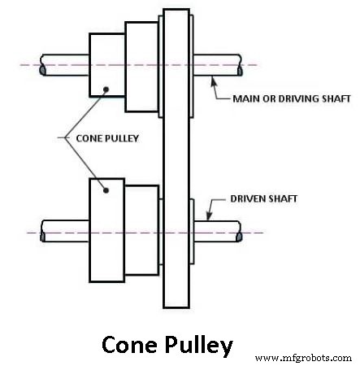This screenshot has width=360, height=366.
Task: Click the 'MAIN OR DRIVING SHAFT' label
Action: pos(292,98)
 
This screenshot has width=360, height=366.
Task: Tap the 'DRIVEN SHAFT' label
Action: pos(263,198)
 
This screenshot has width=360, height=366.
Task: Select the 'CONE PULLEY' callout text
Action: pos(107,138)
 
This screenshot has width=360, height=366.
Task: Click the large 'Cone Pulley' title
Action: pos(167,345)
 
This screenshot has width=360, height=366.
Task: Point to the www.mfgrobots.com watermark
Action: pos(303,358)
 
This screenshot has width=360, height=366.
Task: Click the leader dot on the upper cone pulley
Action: pos(106,89)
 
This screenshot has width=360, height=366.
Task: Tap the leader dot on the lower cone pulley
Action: pos(106,190)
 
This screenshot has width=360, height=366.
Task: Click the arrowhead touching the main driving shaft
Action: pos(214,81)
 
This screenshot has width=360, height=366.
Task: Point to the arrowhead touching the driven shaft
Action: pos(209,216)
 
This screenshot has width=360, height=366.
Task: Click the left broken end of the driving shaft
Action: pos(43,70)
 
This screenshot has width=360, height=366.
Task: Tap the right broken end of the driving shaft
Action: pos(240,71)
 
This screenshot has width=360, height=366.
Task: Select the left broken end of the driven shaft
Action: pos(43,237)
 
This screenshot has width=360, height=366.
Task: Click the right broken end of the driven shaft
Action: pos(239,237)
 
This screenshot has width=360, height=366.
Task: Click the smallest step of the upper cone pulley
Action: pos(107,65)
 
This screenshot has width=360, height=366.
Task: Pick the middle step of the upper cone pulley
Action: pos(141,67)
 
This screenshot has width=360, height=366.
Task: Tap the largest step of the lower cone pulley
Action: pos(107,230)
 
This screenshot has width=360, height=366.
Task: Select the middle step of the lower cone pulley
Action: pos(141,230)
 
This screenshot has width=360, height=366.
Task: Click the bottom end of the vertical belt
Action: pos(176,307)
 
